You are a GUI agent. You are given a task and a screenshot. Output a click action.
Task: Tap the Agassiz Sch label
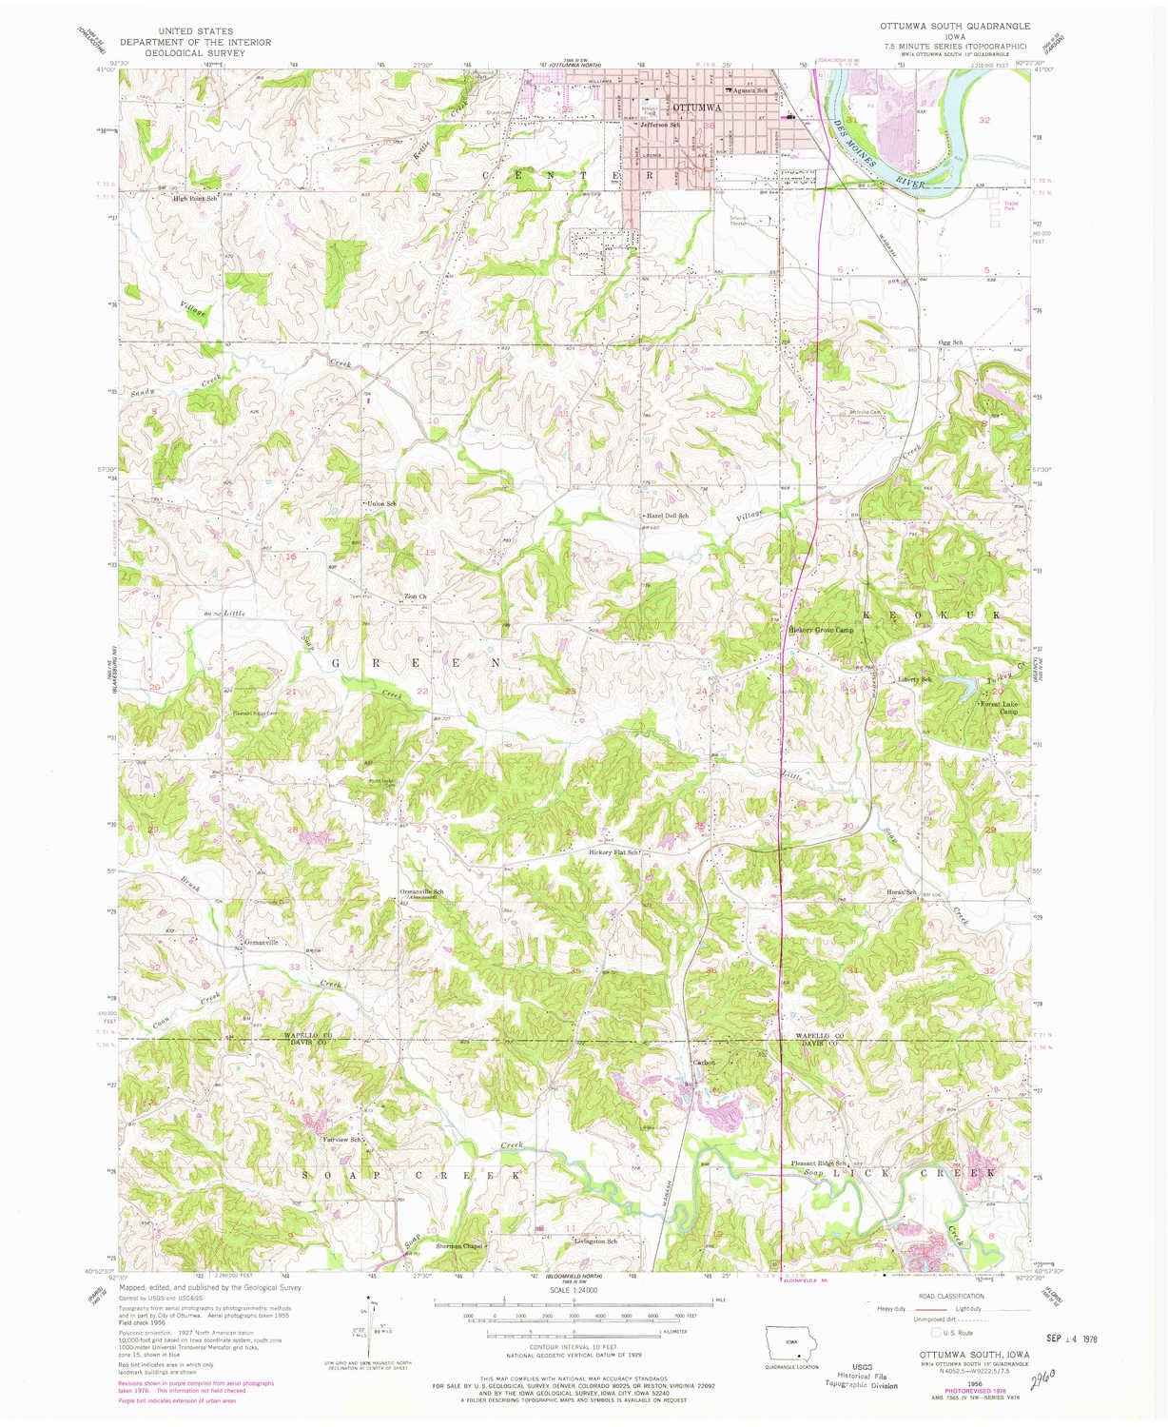pyautogui.click(x=749, y=90)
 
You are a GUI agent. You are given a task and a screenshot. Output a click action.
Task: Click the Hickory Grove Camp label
pyautogui.click(x=821, y=630)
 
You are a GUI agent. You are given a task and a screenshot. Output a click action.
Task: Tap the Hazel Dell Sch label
pyautogui.click(x=667, y=515)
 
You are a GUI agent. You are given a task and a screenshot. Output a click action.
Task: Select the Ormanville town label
pyautogui.click(x=261, y=943)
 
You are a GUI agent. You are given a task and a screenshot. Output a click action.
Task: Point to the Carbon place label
pyautogui.click(x=703, y=1062)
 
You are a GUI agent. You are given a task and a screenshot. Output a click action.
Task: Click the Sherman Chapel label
pyautogui.click(x=460, y=1245)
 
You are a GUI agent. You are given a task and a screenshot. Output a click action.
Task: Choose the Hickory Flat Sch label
pyautogui.click(x=616, y=851)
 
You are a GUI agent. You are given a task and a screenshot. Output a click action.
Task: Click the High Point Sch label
pyautogui.click(x=195, y=198)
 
